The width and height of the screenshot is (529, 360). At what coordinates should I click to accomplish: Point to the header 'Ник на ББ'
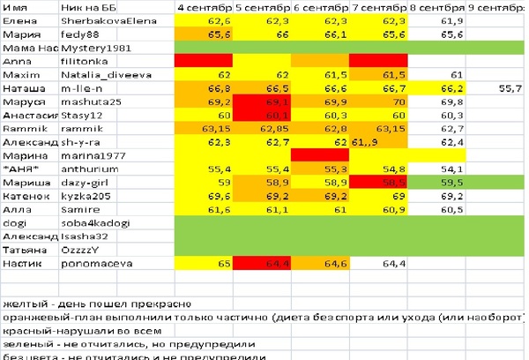pyautogui.click(x=82, y=7)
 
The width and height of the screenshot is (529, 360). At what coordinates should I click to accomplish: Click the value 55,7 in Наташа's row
pyautogui.click(x=510, y=88)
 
